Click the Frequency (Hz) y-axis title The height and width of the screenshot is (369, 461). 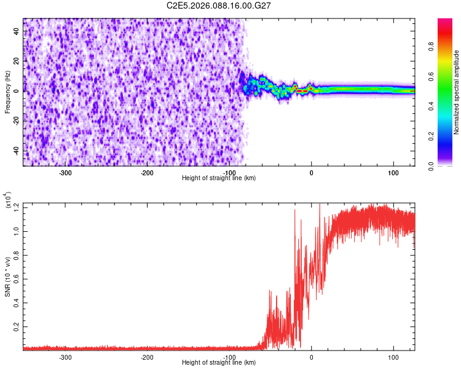pyautogui.click(x=7, y=92)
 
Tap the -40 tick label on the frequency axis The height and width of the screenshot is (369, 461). pyautogui.click(x=16, y=151)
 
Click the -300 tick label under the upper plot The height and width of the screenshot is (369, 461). pyautogui.click(x=65, y=172)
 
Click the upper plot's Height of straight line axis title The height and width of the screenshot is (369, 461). pyautogui.click(x=219, y=178)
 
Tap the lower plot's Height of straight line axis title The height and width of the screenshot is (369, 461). pyautogui.click(x=219, y=362)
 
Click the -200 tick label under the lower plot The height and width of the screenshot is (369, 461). pyautogui.click(x=147, y=356)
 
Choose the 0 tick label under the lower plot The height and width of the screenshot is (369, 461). pyautogui.click(x=311, y=356)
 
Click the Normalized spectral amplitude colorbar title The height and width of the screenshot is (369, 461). pyautogui.click(x=457, y=92)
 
